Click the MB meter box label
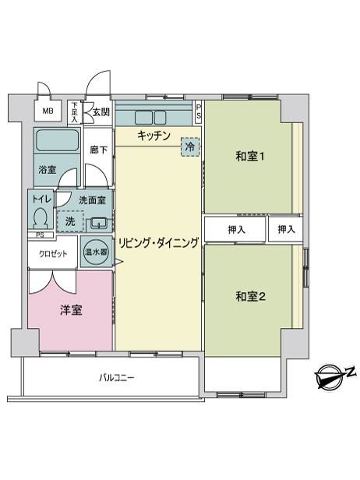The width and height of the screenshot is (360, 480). pos(48,111)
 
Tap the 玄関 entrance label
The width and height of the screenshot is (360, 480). pos(101,112)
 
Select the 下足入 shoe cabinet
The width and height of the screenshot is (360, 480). pos(74,112)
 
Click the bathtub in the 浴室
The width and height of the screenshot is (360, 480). pos(57,140)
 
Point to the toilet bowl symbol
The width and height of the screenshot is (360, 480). pos(40,217)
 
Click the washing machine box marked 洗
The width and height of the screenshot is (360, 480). pos(70,221)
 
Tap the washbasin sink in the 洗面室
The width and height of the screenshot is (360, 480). pos(98,223)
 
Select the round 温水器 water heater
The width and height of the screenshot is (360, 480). pos(96,252)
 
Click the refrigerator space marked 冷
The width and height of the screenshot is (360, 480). pos(190,147)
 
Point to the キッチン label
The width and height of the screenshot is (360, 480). pos(154,136)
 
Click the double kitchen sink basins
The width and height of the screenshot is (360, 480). pos(150,118)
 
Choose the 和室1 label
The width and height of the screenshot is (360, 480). pos(250,157)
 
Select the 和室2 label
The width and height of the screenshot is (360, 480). pos(250,296)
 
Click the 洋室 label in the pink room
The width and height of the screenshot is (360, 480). pos(71,310)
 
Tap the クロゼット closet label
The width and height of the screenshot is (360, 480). pos(53,254)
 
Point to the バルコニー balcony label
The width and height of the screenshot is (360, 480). pos(117,378)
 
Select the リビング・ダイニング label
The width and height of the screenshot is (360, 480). pos(159,243)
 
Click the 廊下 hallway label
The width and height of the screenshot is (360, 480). pos(99,150)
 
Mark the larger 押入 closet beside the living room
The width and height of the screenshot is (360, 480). pos(235,230)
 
